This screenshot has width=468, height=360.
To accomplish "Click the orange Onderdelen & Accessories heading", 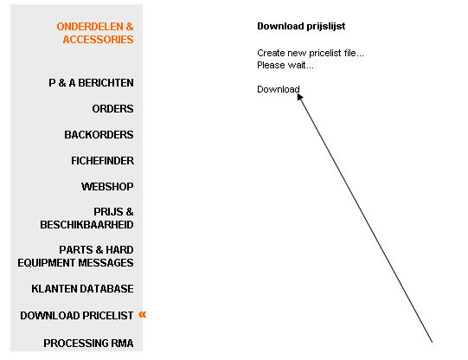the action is (x=95, y=33).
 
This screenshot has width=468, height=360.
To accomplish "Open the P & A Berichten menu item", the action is (x=91, y=83).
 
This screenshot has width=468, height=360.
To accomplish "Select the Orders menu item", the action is (x=112, y=109).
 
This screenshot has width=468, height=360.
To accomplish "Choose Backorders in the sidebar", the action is (x=99, y=135).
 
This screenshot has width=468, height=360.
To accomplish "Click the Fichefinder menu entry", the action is (x=102, y=161).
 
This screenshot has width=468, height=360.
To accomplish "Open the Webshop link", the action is (x=107, y=187).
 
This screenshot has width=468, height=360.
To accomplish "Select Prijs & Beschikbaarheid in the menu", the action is (x=87, y=218).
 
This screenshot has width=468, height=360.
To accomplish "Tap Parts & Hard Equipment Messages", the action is (x=75, y=256).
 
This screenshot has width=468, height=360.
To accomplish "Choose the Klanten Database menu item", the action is (x=82, y=289).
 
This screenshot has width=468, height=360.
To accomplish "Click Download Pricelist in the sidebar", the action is (x=77, y=316).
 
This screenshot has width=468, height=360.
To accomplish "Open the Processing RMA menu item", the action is (x=88, y=343).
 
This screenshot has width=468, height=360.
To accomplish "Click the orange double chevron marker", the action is (x=143, y=314).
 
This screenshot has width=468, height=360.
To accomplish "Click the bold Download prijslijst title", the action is (x=301, y=26).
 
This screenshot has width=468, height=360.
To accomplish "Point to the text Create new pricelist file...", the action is (x=311, y=53).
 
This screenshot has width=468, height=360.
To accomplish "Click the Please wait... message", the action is (x=285, y=65).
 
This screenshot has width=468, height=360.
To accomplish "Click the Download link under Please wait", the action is (x=279, y=89).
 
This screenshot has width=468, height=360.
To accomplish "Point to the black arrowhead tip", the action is (x=298, y=93).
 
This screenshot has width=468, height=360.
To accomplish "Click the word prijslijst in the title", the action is (x=326, y=26).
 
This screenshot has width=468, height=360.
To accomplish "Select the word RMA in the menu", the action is (x=122, y=343).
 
